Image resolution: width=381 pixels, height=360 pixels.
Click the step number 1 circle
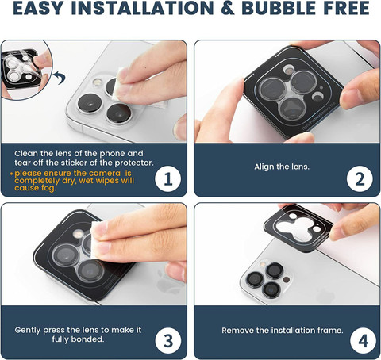168,178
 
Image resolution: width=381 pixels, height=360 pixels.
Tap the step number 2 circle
360,178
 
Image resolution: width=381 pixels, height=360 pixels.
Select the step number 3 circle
168,340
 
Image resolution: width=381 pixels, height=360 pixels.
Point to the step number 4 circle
363,340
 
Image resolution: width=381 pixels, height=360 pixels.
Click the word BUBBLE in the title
279,8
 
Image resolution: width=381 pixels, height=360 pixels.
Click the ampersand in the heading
227,8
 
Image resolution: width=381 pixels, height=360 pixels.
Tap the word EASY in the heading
39,8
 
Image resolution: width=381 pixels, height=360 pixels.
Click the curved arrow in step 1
60,78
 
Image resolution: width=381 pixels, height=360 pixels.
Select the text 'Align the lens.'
282,167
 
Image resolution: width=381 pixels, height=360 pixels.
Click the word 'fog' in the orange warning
48,188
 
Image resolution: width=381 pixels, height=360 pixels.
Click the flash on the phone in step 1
98,82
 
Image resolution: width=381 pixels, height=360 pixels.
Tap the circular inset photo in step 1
25,70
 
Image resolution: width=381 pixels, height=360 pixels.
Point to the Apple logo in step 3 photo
165,281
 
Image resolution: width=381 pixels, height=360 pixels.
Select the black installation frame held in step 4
298,228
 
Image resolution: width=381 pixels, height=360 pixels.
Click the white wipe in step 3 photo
98,240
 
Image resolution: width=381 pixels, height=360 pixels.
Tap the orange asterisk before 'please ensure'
11,174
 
